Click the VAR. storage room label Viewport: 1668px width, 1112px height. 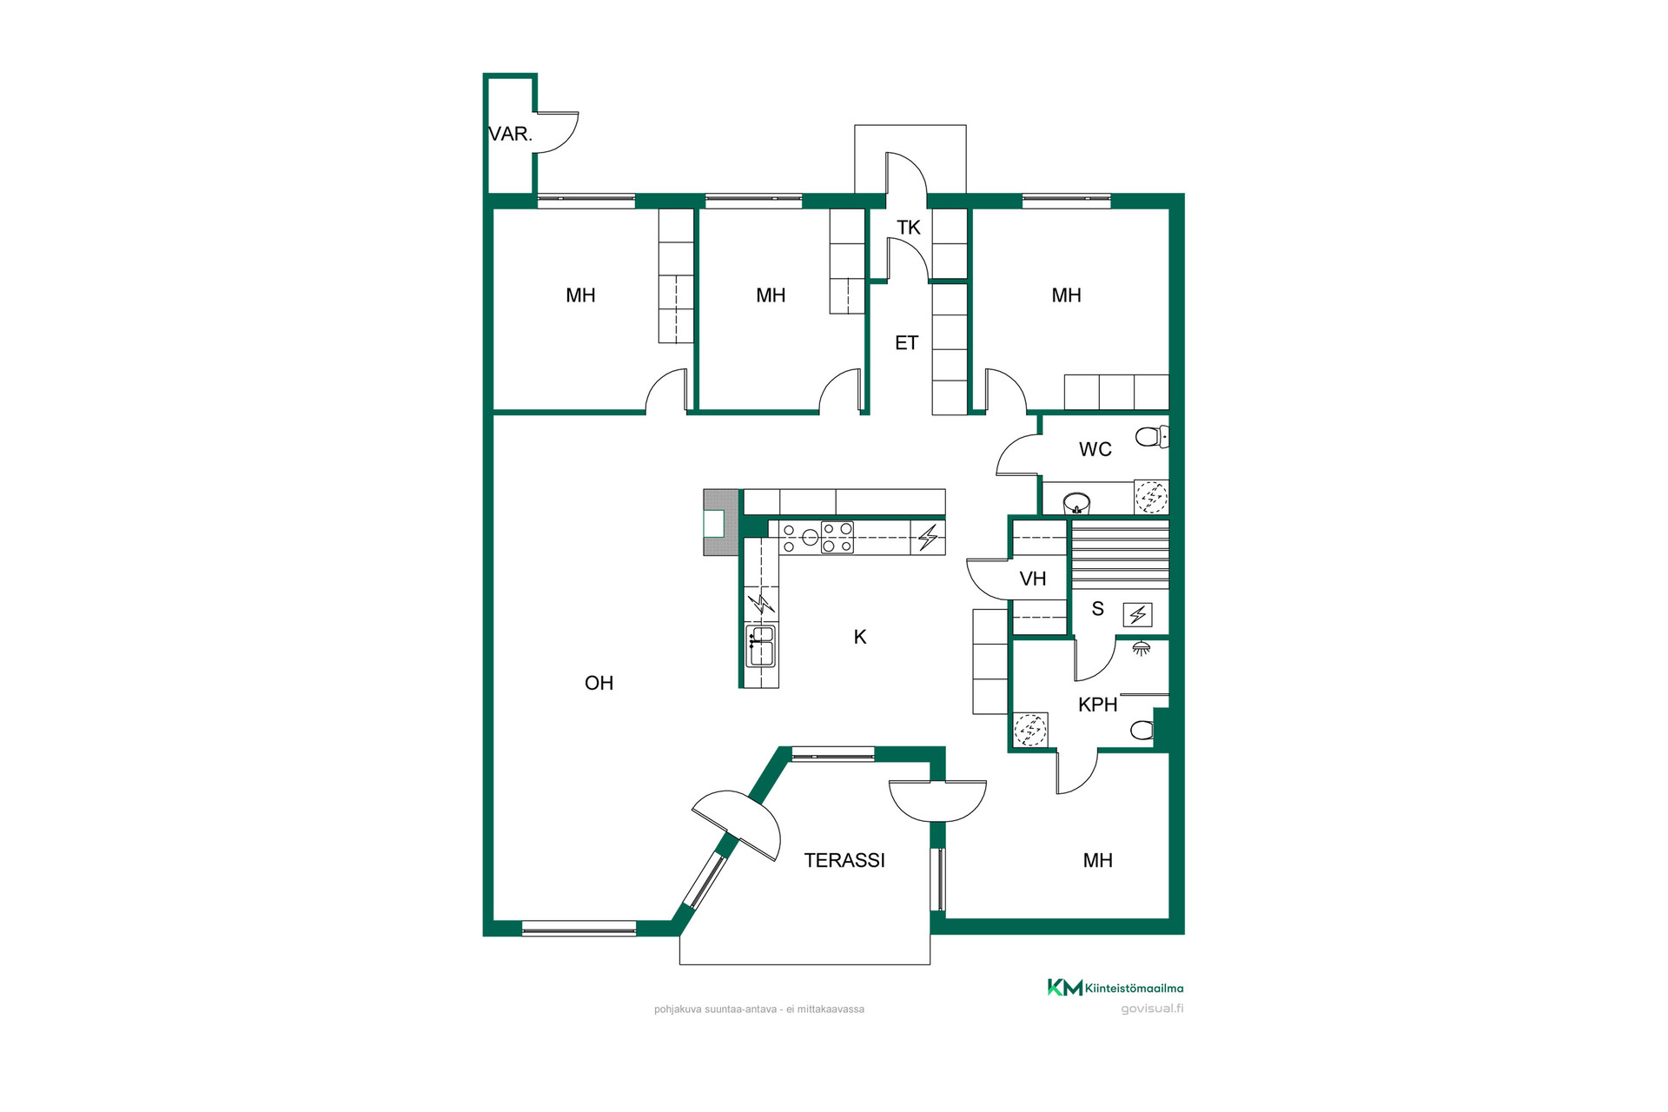click(x=510, y=134)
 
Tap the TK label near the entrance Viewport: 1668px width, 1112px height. click(x=909, y=228)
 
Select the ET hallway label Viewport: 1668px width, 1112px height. click(x=906, y=343)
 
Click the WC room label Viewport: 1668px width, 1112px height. click(x=1095, y=449)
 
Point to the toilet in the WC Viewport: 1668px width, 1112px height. click(x=1152, y=437)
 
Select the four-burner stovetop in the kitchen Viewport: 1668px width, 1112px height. click(x=837, y=538)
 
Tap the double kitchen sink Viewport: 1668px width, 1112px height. click(x=760, y=645)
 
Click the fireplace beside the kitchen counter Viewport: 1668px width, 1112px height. click(x=721, y=523)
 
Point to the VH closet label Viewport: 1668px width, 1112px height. click(x=1032, y=579)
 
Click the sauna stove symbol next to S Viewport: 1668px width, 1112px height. click(x=1137, y=615)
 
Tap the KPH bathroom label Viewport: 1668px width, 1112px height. click(x=1097, y=705)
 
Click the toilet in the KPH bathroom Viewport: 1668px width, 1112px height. click(x=1144, y=730)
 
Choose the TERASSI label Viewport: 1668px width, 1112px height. click(x=844, y=860)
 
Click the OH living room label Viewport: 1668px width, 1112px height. click(x=599, y=683)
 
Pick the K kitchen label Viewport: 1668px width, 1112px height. click(x=860, y=637)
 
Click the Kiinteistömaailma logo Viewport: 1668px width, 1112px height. click(x=1115, y=988)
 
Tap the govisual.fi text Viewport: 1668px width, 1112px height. click(x=1152, y=1009)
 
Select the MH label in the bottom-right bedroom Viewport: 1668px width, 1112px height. click(x=1097, y=860)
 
